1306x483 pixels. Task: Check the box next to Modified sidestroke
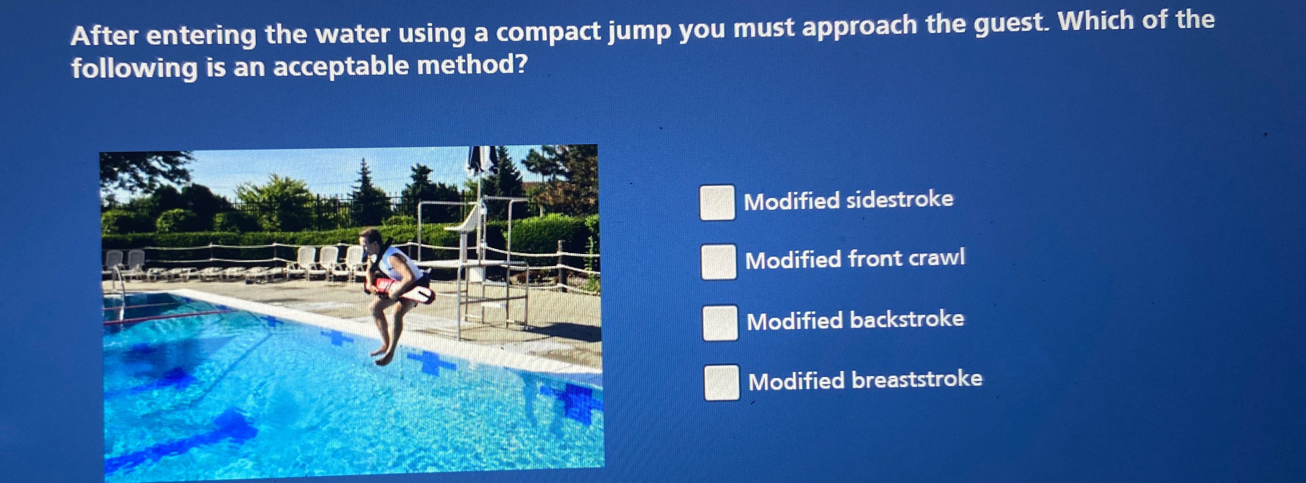(x=717, y=202)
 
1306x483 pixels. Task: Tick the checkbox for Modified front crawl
(x=719, y=262)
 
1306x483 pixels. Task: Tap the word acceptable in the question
(x=341, y=66)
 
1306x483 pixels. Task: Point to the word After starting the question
(x=104, y=36)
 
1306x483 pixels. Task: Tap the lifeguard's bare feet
(x=383, y=355)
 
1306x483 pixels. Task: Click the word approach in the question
(x=860, y=27)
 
